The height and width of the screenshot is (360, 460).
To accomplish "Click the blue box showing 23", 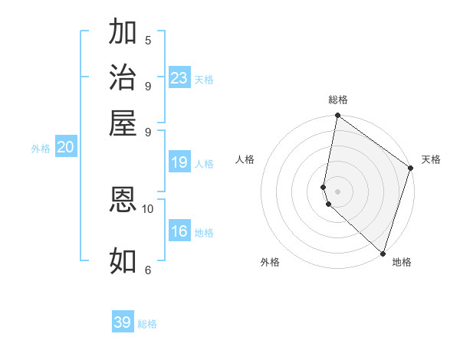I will pos(179,78).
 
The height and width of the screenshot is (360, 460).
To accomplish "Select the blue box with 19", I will pos(179,162).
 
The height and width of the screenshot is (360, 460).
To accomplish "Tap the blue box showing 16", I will pos(179,231).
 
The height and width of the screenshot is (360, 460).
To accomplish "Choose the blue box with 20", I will pos(65,148).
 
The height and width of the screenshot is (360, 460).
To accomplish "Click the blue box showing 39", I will pos(123,322).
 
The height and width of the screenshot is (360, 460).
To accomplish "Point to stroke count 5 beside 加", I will pos(147,41).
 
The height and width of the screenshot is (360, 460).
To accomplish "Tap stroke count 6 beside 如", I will pos(147,270).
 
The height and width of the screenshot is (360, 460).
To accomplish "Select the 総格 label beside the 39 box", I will pos(147,324).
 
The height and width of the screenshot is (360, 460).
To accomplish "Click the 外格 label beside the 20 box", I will pos(41,149).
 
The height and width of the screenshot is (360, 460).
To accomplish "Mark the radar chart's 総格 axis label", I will pos(338,100).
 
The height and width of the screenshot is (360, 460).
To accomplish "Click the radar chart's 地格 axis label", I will pos(402,262).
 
